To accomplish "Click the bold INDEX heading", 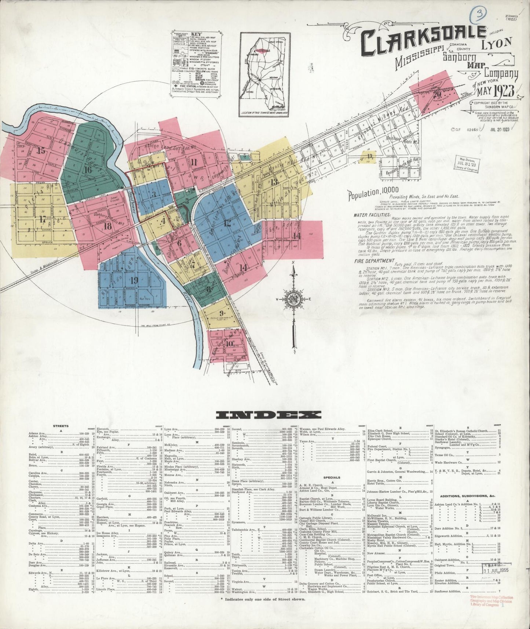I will [268, 415].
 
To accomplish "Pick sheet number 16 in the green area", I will [88, 170].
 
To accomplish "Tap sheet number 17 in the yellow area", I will [43, 220].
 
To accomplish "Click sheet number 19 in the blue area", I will [134, 281].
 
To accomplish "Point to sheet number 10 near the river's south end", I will [229, 344].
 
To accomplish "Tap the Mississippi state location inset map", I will [264, 74].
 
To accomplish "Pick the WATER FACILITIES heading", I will [372, 215].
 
